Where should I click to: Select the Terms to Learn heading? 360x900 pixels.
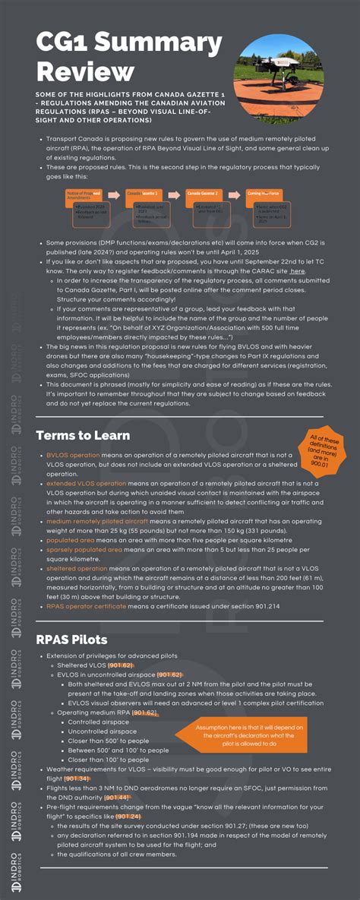[x=83, y=435]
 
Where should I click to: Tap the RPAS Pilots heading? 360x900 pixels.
[x=71, y=639]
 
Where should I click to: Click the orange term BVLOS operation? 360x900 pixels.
[x=73, y=455]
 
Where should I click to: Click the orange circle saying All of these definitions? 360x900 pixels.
[x=323, y=448]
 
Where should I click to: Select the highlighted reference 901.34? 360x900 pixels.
[x=77, y=778]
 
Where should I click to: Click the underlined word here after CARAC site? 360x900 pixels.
[x=297, y=270]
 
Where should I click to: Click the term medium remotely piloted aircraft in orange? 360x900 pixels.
[x=96, y=521]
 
